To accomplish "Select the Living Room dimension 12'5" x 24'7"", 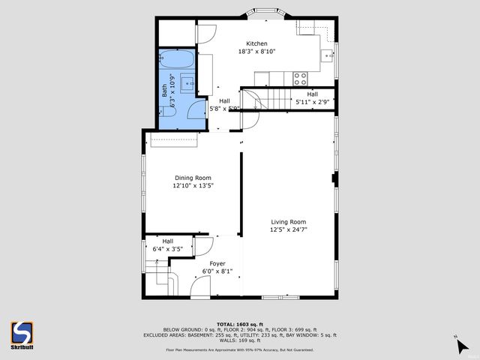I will point(289,230).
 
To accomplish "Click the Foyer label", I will point(217,263).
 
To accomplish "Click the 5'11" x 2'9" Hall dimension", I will point(313,101).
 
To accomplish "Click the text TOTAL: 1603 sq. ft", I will point(239,321).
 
